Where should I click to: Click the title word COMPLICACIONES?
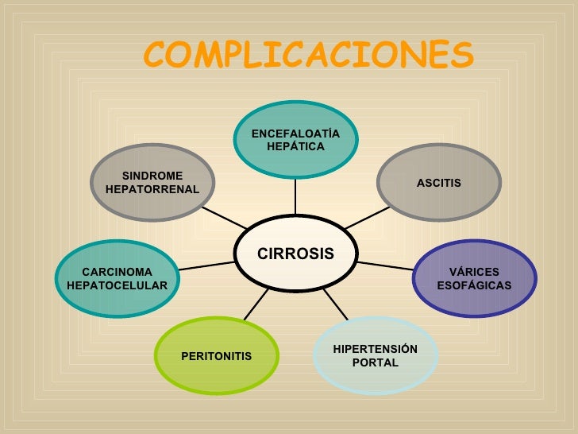309,55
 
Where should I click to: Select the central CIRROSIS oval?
295,254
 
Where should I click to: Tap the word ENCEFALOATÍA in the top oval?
295,134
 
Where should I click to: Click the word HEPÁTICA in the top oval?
295,147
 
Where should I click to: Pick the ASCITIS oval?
438,183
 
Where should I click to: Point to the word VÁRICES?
474,272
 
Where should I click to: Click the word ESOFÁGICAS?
474,285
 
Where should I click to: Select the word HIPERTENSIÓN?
375,349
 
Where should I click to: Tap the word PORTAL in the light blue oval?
375,363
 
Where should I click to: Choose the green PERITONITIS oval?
217,356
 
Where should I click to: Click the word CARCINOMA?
118,272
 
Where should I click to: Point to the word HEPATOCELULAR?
118,285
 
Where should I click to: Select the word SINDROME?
152,176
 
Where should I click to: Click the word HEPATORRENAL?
152,189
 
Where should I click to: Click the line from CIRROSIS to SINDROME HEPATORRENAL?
219,216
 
